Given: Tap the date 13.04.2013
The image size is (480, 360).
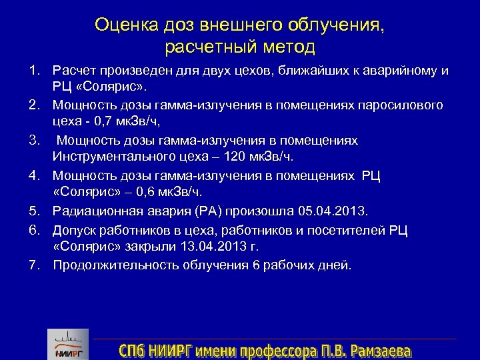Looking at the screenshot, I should [209, 246].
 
